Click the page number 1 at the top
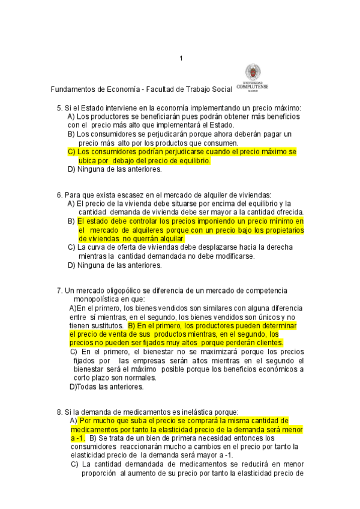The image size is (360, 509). tap(181, 58)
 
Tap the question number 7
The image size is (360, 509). tap(59, 291)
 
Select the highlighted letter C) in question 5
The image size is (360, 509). tap(71, 152)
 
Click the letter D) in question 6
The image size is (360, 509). tap(71, 265)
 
